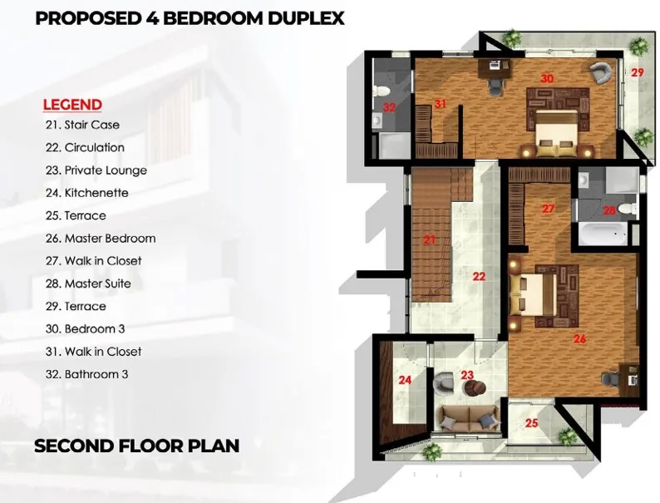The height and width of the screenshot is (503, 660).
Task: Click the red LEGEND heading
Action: coord(72,105)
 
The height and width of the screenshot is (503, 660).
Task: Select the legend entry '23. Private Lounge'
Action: coord(96,170)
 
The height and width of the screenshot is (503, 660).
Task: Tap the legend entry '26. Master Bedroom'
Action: coord(101,239)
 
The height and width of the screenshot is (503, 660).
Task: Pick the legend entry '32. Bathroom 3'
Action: coord(86,374)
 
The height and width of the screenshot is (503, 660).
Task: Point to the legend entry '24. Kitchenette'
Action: coord(87,193)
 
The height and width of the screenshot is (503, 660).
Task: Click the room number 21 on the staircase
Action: coord(430,240)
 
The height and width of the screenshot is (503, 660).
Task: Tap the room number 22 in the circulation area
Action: coord(479,276)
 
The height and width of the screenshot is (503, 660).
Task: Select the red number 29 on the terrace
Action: coord(638,72)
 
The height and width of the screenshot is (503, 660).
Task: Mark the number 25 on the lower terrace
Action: coord(532,422)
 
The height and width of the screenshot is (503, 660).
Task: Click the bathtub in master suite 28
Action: coord(603,234)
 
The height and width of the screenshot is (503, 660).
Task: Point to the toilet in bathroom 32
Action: coord(380,91)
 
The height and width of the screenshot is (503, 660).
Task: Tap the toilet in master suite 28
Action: coord(628,209)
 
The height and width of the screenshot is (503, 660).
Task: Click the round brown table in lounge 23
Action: coord(475,387)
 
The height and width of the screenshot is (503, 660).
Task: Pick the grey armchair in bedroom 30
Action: coord(600,72)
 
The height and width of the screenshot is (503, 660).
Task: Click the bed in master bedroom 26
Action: coord(533,293)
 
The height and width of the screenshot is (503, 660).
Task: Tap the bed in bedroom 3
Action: coord(555,132)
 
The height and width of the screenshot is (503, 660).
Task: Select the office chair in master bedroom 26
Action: coord(610,379)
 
